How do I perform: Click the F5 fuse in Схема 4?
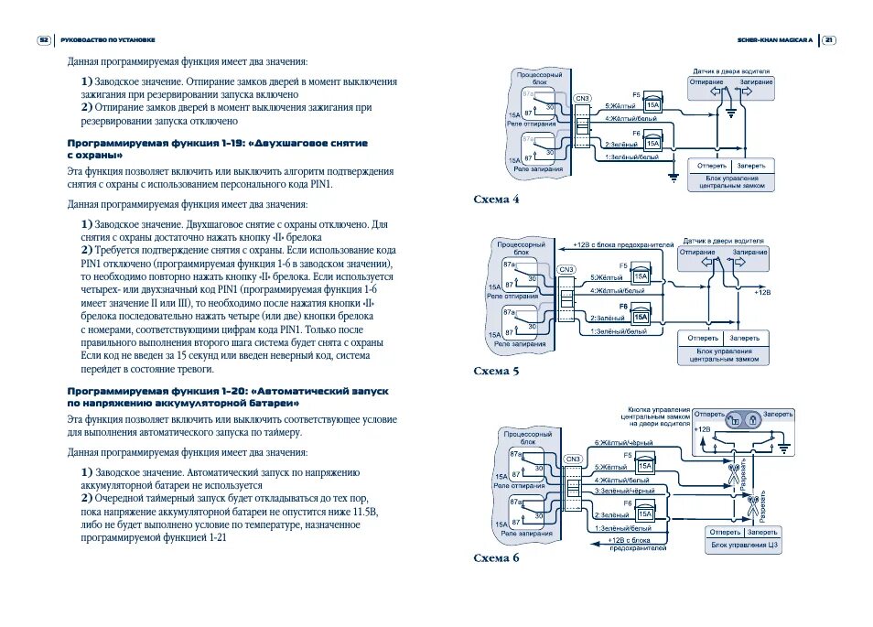(x=652, y=103)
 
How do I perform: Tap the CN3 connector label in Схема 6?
(x=574, y=459)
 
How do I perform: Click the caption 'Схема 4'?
(x=497, y=198)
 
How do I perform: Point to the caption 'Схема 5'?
(x=497, y=371)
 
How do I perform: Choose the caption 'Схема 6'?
(x=497, y=557)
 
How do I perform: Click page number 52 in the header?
(x=44, y=40)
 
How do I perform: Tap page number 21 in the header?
(x=829, y=40)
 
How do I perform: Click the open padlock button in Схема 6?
(x=735, y=417)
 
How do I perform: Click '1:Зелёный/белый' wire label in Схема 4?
(x=631, y=157)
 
